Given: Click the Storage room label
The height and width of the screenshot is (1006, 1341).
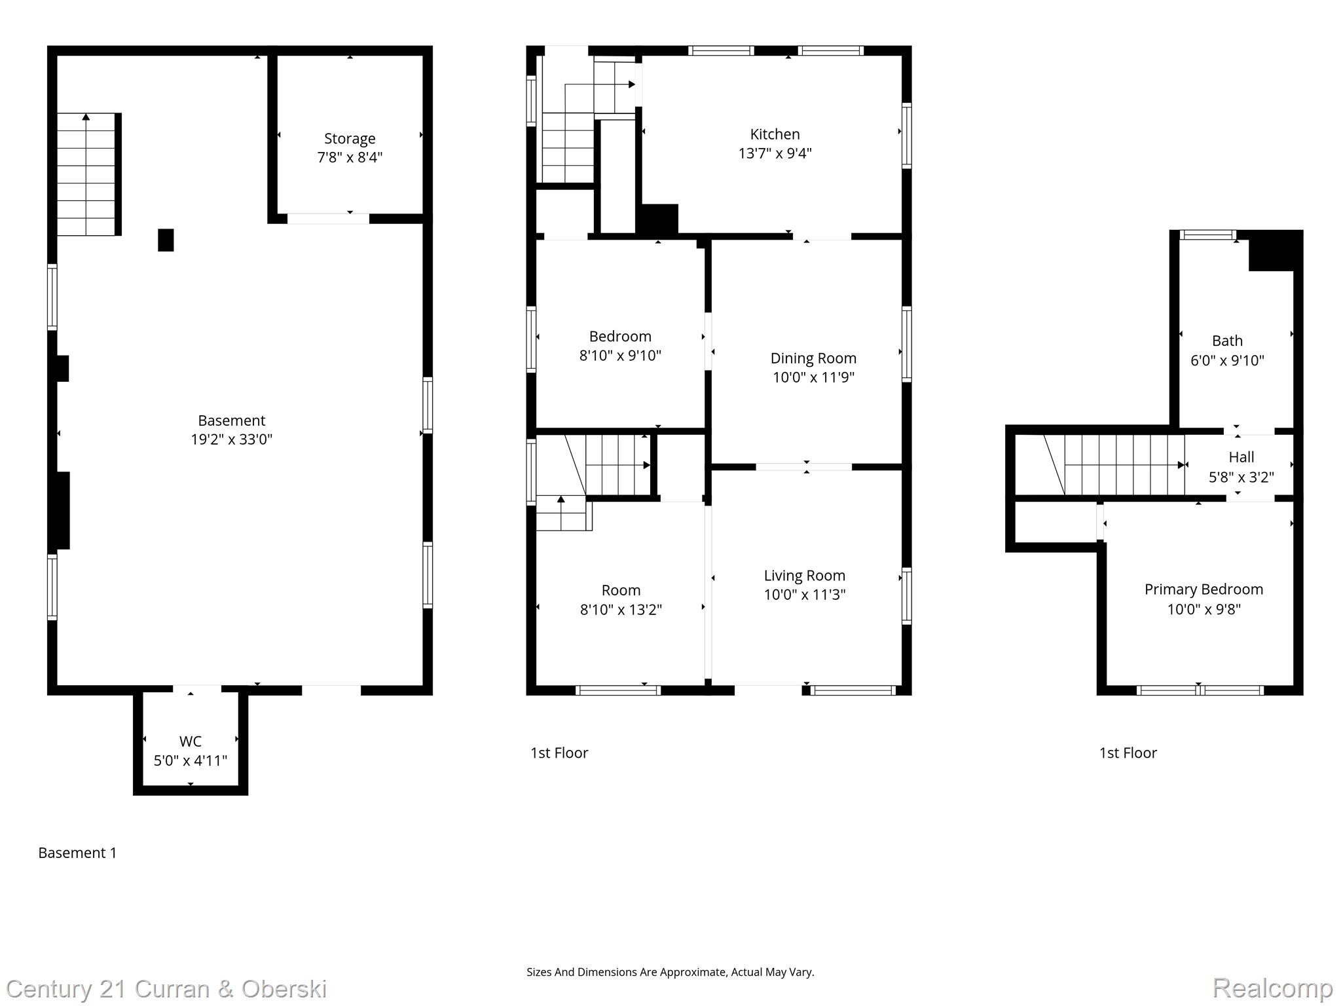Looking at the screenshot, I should click(350, 139).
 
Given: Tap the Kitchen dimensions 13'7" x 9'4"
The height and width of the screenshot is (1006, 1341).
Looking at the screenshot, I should click(775, 153).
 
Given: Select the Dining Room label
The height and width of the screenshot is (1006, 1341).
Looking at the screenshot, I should click(813, 358).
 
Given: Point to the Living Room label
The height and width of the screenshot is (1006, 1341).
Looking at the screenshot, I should click(804, 576).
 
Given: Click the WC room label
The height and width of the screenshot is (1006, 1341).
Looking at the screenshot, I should click(191, 741).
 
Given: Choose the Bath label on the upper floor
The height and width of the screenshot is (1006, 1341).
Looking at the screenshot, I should click(1226, 341).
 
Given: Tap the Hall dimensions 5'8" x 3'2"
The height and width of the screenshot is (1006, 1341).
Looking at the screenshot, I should click(1241, 477).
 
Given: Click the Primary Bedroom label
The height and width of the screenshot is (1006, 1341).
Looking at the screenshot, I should click(1203, 589).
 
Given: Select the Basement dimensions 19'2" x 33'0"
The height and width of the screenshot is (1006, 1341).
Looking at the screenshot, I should click(231, 439).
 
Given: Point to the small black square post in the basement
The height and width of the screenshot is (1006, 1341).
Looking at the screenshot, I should click(166, 240).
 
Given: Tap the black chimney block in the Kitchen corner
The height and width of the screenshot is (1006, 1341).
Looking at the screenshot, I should click(659, 219).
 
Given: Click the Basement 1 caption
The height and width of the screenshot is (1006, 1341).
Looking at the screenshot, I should click(77, 853).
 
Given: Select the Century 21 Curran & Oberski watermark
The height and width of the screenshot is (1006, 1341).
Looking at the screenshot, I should click(166, 989).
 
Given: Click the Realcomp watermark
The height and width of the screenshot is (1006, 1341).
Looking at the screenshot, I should click(1272, 988).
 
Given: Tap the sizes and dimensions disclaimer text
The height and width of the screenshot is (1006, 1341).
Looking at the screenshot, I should click(670, 973).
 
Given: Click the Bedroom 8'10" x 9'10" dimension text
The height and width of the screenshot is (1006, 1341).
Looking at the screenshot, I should click(619, 356).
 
